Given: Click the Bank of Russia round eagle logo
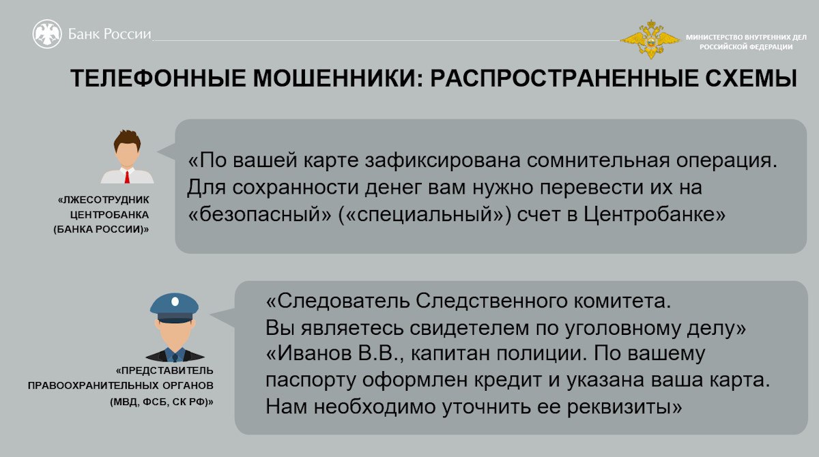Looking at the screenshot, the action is (47, 34).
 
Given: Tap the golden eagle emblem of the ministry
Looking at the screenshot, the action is (650, 40).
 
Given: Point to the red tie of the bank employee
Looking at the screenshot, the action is (127, 177).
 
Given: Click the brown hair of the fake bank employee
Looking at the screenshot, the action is (127, 140).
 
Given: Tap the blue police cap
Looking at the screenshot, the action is (175, 308).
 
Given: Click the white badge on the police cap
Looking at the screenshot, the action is (175, 301).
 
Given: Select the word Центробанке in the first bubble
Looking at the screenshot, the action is (654, 214).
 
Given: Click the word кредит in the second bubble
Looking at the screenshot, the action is (508, 381).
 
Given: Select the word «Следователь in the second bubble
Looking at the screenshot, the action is (337, 301).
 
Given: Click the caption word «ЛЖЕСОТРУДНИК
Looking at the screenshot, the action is (104, 200).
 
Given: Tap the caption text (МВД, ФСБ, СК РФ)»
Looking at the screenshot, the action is (162, 402).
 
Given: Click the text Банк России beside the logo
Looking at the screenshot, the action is (109, 34).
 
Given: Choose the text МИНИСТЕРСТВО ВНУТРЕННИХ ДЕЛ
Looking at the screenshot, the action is (746, 37).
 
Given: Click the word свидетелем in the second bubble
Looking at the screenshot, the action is (469, 327).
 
